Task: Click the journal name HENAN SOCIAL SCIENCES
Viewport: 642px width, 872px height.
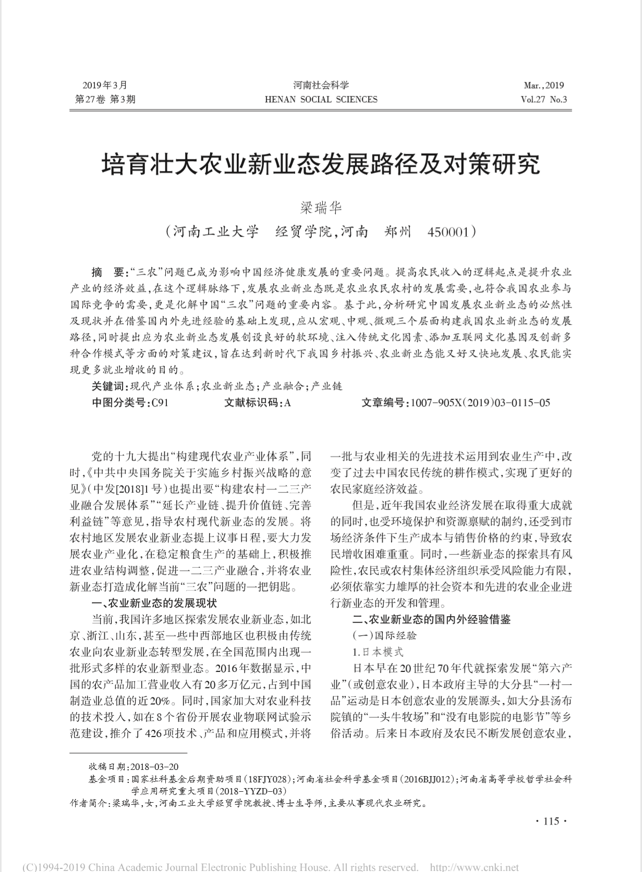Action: [321, 100]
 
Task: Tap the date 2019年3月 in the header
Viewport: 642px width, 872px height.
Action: [105, 85]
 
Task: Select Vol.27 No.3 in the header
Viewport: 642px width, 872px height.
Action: [543, 100]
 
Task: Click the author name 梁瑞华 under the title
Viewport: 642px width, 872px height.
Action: [321, 207]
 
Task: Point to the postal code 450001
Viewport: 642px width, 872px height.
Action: [448, 231]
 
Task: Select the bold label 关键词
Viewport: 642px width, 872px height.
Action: [109, 386]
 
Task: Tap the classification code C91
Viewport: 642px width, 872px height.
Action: [159, 402]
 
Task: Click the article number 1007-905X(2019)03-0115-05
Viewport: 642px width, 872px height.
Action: [480, 402]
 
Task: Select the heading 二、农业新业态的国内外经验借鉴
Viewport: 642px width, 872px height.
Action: [431, 619]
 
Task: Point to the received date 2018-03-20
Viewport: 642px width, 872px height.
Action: [154, 766]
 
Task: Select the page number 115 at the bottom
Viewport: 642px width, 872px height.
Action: [551, 821]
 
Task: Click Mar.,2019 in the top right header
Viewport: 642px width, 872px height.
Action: [543, 85]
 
